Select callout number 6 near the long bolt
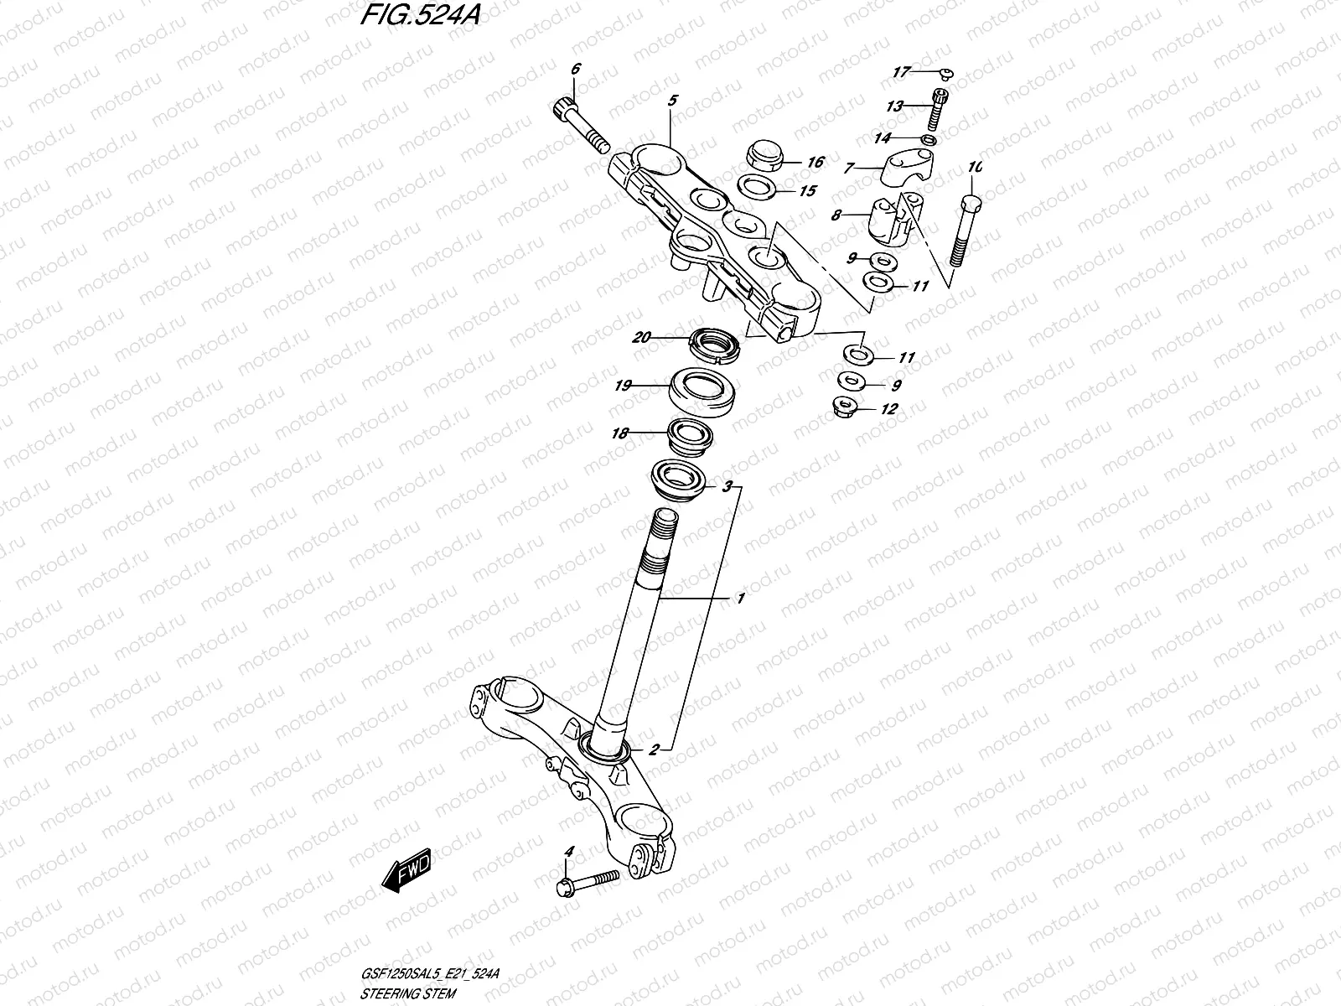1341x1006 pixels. (575, 70)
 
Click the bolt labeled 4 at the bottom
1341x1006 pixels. (587, 881)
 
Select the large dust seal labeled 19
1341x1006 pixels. (705, 390)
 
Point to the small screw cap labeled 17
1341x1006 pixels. (942, 74)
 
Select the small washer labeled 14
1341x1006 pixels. (929, 138)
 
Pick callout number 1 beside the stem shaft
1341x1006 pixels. (740, 599)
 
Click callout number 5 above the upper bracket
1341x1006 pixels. (672, 101)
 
